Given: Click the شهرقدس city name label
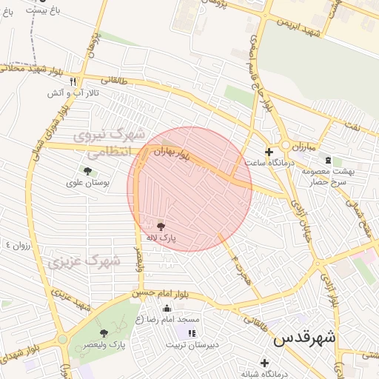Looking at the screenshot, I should pos(304,338).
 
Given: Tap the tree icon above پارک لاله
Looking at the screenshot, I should pos(161,226).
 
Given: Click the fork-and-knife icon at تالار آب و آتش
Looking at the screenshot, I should pos(73,81).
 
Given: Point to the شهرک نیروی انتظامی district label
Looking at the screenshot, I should pos(103,144).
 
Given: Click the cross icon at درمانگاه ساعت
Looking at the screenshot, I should pos(269,151).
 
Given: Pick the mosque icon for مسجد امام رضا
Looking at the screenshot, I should pos(166,308).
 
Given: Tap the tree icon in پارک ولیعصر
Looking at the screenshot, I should pos(104,333).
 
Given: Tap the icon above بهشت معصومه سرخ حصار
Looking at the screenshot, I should pos(328,160).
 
